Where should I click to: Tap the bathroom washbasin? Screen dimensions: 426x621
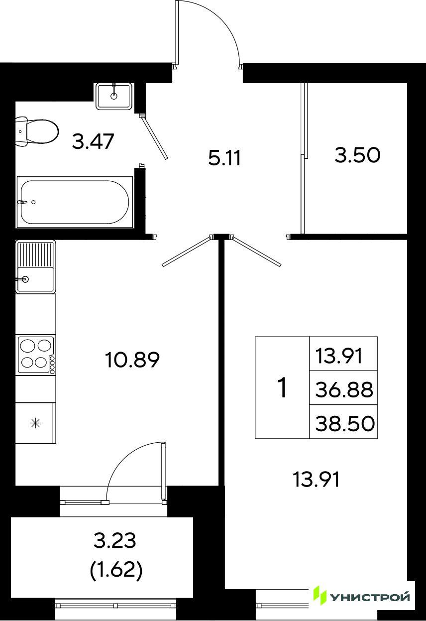click(114, 96)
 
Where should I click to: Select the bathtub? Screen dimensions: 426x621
click(75, 202)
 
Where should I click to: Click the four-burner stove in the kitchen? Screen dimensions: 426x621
click(36, 355)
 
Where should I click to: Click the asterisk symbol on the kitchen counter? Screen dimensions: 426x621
click(36, 423)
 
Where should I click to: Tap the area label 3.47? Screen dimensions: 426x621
click(93, 141)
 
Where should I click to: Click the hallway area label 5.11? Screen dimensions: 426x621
click(224, 158)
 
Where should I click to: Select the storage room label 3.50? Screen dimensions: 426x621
click(357, 155)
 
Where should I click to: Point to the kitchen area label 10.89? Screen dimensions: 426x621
click(132, 360)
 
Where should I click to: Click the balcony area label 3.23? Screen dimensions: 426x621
click(114, 540)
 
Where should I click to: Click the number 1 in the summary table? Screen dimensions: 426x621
click(282, 388)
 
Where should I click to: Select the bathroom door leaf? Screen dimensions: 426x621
click(154, 138)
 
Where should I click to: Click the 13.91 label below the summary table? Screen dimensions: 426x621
click(316, 480)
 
